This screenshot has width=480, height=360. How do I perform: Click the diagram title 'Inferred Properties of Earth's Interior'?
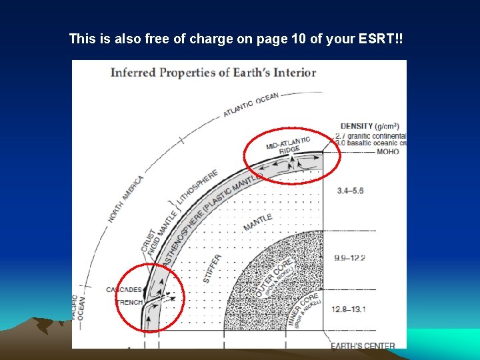click(213, 72)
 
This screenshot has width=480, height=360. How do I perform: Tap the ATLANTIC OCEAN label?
click(251, 105)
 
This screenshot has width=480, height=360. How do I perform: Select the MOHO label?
click(387, 151)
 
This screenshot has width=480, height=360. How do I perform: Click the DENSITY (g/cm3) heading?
click(369, 125)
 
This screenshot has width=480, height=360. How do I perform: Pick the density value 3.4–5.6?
click(350, 191)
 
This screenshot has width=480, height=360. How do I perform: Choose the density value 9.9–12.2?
click(350, 257)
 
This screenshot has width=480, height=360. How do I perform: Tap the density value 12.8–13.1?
click(350, 309)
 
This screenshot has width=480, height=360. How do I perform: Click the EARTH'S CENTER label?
click(363, 345)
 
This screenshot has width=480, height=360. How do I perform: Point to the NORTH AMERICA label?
click(125, 199)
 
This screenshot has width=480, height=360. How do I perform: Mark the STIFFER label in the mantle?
click(212, 268)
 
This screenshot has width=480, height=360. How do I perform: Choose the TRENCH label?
click(128, 302)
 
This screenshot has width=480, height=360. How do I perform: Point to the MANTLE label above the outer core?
click(257, 223)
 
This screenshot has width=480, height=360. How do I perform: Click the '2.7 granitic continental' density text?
click(371, 135)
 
